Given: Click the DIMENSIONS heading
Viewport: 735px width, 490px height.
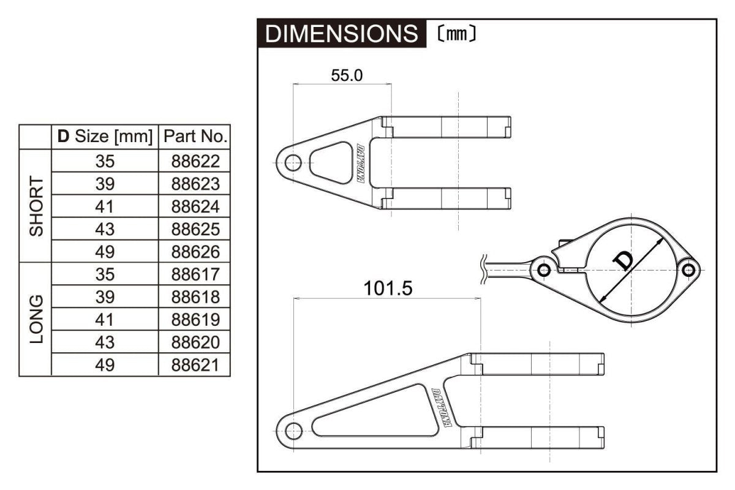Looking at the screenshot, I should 341,34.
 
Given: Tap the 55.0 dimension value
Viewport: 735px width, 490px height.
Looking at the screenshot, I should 347,75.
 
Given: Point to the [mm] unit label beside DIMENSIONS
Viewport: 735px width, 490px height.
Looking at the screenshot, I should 457,34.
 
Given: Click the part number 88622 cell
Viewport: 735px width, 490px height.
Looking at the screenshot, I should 194,161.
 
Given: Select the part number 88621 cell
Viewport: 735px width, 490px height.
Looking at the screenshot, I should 194,365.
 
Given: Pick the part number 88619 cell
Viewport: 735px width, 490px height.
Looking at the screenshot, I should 194,320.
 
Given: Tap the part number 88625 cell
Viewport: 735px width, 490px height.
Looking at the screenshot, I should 194,229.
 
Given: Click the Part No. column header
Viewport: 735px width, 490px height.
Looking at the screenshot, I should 194,137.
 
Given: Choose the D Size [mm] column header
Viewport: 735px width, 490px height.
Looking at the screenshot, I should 105,137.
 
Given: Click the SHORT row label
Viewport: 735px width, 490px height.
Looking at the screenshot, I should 36,206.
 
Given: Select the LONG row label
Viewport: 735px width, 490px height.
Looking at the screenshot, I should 36,319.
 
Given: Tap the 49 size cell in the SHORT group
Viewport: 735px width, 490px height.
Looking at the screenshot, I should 105,252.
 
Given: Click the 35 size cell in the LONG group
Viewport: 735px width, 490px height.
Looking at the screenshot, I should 105,274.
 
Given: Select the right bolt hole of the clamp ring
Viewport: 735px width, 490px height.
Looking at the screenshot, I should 689,269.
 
